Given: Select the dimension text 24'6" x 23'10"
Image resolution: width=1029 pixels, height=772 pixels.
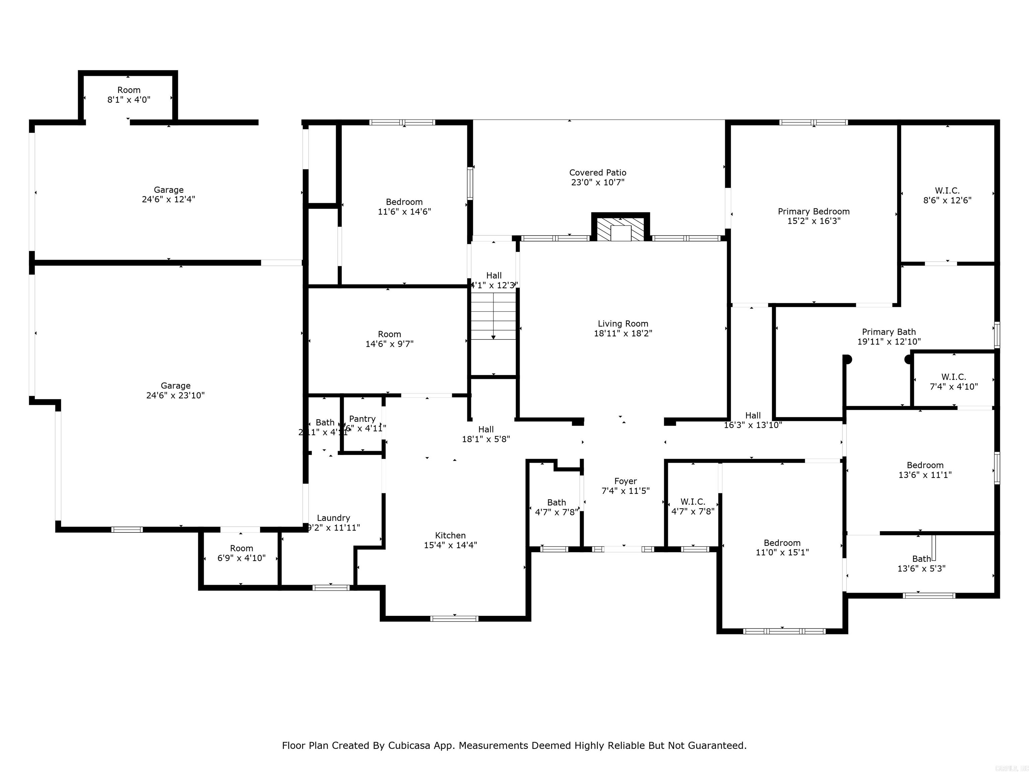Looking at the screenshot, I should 176,395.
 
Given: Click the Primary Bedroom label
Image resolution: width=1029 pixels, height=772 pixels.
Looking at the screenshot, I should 814,212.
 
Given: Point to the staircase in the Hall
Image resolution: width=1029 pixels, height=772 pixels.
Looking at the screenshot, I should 493,316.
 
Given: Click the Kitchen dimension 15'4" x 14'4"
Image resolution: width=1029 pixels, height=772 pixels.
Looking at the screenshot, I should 450,545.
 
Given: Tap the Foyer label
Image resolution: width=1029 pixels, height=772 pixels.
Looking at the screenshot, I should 625,481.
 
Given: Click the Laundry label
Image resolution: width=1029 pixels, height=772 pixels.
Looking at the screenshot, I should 333,518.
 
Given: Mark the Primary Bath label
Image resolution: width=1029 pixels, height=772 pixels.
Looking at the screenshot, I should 889,332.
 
